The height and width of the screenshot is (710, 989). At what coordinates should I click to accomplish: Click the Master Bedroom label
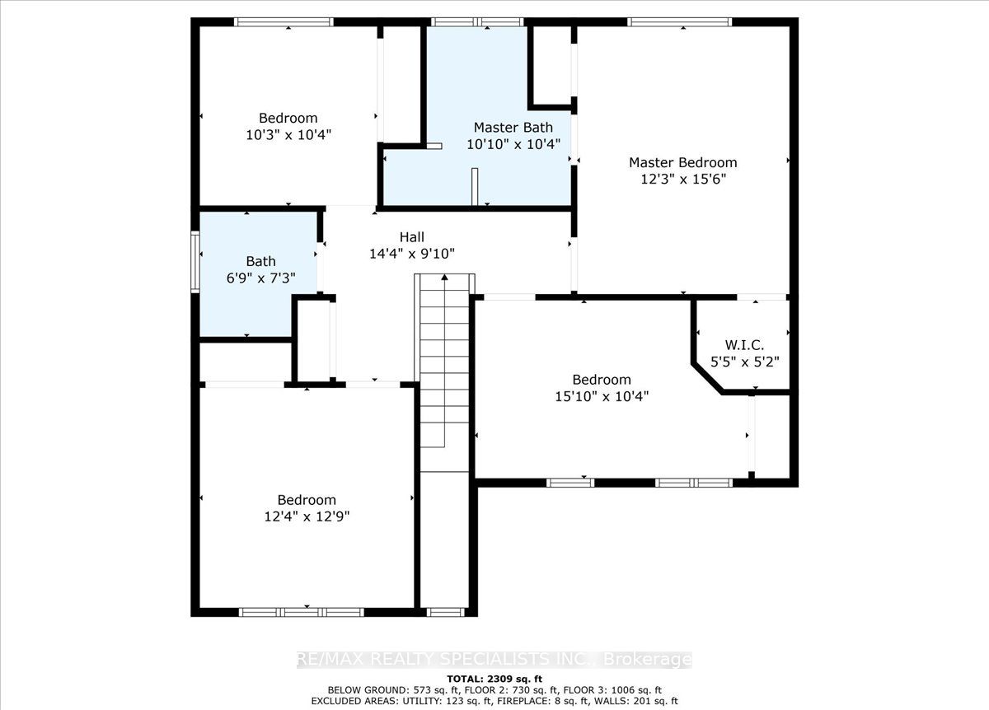coord(683,163)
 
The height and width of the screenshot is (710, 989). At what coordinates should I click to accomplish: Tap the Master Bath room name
coord(513,128)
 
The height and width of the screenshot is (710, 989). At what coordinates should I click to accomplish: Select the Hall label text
coord(411,237)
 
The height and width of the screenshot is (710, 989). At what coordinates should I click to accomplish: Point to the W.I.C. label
coord(744,344)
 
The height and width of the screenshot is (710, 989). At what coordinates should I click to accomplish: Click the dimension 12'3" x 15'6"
coord(683,180)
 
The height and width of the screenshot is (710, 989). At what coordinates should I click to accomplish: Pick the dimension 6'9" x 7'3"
coord(261,278)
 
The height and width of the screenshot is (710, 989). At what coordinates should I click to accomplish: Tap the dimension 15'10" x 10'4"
coord(602,396)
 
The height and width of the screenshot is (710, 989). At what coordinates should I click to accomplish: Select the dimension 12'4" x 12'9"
coord(307,516)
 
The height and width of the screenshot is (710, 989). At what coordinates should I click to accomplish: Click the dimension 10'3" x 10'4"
coord(288,134)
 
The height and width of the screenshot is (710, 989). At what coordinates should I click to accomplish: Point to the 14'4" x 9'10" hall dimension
coord(411,254)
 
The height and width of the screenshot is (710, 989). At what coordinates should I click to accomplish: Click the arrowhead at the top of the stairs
coord(444,277)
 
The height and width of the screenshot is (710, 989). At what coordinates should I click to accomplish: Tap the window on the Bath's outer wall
coord(195,262)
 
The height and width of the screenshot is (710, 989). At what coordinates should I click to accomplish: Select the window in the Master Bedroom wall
coord(680,22)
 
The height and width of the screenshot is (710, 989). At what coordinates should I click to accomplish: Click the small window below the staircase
coord(446,612)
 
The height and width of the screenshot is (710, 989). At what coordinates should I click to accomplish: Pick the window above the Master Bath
coord(477,22)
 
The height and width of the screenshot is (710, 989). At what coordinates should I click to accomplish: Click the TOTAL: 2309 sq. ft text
coord(494,679)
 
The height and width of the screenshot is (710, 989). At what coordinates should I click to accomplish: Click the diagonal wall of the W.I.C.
coord(707,379)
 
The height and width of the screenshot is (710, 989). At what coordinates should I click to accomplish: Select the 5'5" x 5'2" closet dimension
coord(744,362)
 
